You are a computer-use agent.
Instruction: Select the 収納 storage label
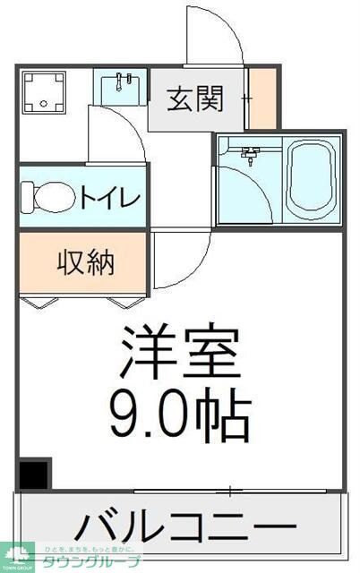point(86,262)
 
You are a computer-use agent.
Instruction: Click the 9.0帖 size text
point(179,412)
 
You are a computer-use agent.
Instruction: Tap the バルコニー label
point(183,525)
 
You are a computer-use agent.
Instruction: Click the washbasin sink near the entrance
point(120,88)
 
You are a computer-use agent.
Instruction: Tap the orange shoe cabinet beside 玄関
point(261,99)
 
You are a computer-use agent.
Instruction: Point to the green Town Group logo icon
point(15,556)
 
